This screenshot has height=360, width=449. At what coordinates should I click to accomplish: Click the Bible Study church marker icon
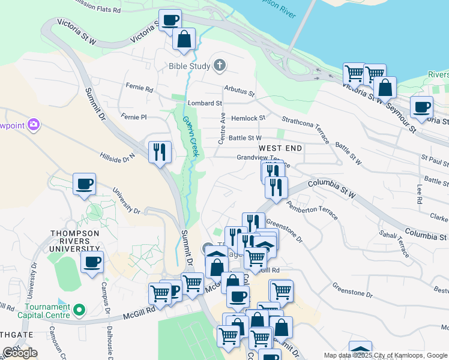[220, 65]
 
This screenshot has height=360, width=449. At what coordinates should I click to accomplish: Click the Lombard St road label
[205, 103]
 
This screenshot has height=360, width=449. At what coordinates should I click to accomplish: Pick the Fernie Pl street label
[133, 116]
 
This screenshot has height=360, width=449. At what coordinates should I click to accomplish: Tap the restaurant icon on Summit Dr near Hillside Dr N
[160, 152]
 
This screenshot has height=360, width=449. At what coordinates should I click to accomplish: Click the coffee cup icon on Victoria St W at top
[170, 20]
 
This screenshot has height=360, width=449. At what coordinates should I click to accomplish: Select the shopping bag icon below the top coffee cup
[184, 39]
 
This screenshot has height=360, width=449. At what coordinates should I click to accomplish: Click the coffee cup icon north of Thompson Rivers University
[84, 184]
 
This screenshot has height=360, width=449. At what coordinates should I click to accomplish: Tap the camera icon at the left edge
[34, 125]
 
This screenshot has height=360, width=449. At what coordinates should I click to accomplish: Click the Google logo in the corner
[20, 353]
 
